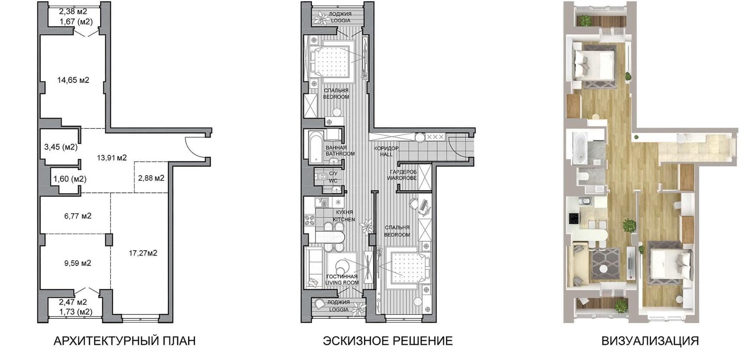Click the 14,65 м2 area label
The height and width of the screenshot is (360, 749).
coord(73,80)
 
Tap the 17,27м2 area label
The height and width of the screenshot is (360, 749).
coord(143,253)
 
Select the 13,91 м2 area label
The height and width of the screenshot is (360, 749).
coord(112,158)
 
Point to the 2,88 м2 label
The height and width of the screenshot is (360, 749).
coord(151,178)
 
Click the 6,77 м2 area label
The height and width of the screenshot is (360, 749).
coord(78,216)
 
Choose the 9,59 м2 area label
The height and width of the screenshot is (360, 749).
coord(78,263)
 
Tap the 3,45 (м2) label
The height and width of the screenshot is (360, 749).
coord(61,147)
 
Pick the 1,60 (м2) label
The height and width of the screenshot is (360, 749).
coord(70,179)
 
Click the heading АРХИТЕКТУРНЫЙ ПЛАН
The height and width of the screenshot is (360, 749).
coord(125,341)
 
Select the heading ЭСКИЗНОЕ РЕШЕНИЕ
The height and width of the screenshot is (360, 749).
coord(388,341)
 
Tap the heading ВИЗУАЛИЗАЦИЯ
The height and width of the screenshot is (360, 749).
coord(650,341)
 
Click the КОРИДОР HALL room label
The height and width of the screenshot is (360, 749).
coord(386,151)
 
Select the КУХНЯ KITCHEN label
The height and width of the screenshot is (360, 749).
coord(344,216)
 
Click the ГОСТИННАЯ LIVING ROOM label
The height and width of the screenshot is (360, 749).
coord(342,279)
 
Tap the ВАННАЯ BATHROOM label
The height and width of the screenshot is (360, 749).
coord(340,151)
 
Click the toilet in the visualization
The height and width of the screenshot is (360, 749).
coord(583,176)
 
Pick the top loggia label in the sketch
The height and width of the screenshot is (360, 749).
coord(341,17)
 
